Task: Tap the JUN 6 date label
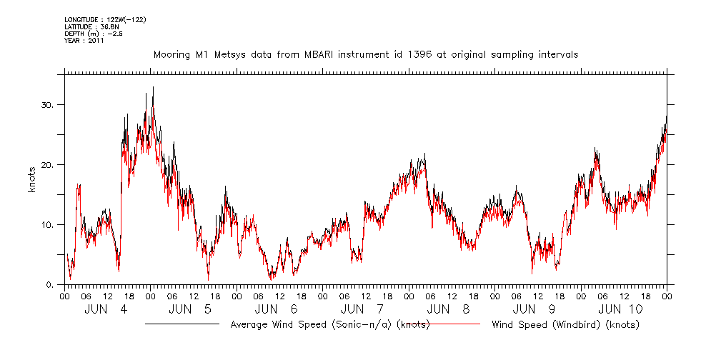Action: (x=278, y=309)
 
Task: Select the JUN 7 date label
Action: (x=364, y=309)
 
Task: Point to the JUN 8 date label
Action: (x=450, y=309)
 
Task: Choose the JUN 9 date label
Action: (x=536, y=309)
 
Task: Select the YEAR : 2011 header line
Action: (x=84, y=41)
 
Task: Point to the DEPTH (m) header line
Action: (x=94, y=33)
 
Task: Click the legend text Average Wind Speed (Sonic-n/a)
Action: (x=329, y=324)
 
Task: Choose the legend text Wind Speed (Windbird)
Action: (x=565, y=324)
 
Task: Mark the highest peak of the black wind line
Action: (x=153, y=87)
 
